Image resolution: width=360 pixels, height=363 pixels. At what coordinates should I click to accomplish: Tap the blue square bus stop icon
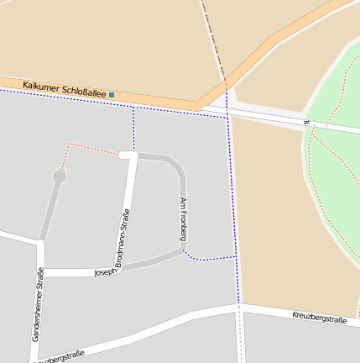(x=112, y=94)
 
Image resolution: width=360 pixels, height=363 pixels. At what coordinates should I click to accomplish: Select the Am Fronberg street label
(x=182, y=218)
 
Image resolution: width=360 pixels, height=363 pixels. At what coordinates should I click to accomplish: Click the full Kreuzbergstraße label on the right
(x=319, y=317)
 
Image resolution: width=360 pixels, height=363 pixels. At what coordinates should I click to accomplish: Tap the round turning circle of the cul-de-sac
(x=59, y=176)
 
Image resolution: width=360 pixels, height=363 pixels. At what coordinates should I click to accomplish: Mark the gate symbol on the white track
(x=307, y=124)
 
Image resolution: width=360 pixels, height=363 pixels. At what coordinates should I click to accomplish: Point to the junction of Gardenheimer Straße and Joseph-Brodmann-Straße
(x=40, y=272)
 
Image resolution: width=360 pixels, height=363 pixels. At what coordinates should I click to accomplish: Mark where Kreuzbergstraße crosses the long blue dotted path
(x=239, y=307)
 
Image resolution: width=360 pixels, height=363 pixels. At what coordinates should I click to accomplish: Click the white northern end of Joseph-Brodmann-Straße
(x=128, y=155)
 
